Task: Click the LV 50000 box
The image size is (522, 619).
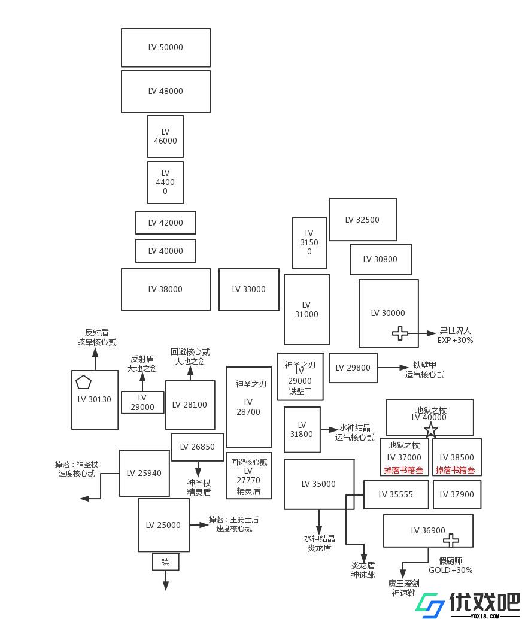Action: click(165, 48)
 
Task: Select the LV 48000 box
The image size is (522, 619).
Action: click(165, 92)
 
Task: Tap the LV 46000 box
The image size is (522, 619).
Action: click(165, 136)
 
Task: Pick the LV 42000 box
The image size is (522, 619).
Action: click(165, 223)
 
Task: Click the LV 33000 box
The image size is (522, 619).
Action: click(249, 289)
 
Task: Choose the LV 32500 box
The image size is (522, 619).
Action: click(363, 220)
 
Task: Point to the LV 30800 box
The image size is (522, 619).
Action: click(380, 259)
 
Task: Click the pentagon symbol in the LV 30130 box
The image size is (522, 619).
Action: click(83, 382)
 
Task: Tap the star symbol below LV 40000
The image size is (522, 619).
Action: click(431, 429)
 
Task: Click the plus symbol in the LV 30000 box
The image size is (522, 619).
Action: click(400, 333)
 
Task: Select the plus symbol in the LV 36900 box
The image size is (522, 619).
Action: click(451, 539)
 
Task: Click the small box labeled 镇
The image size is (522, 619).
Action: click(165, 562)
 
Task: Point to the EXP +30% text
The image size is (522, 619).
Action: click(456, 340)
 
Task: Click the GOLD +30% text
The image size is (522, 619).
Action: click(451, 570)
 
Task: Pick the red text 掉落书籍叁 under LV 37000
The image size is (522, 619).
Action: click(403, 470)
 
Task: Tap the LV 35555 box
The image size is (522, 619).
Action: click(396, 494)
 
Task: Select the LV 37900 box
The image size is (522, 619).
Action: click(457, 494)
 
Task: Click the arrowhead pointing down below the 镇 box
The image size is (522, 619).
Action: click(165, 586)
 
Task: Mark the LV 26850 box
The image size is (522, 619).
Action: click(198, 447)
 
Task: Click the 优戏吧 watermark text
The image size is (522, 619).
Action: click(484, 602)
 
